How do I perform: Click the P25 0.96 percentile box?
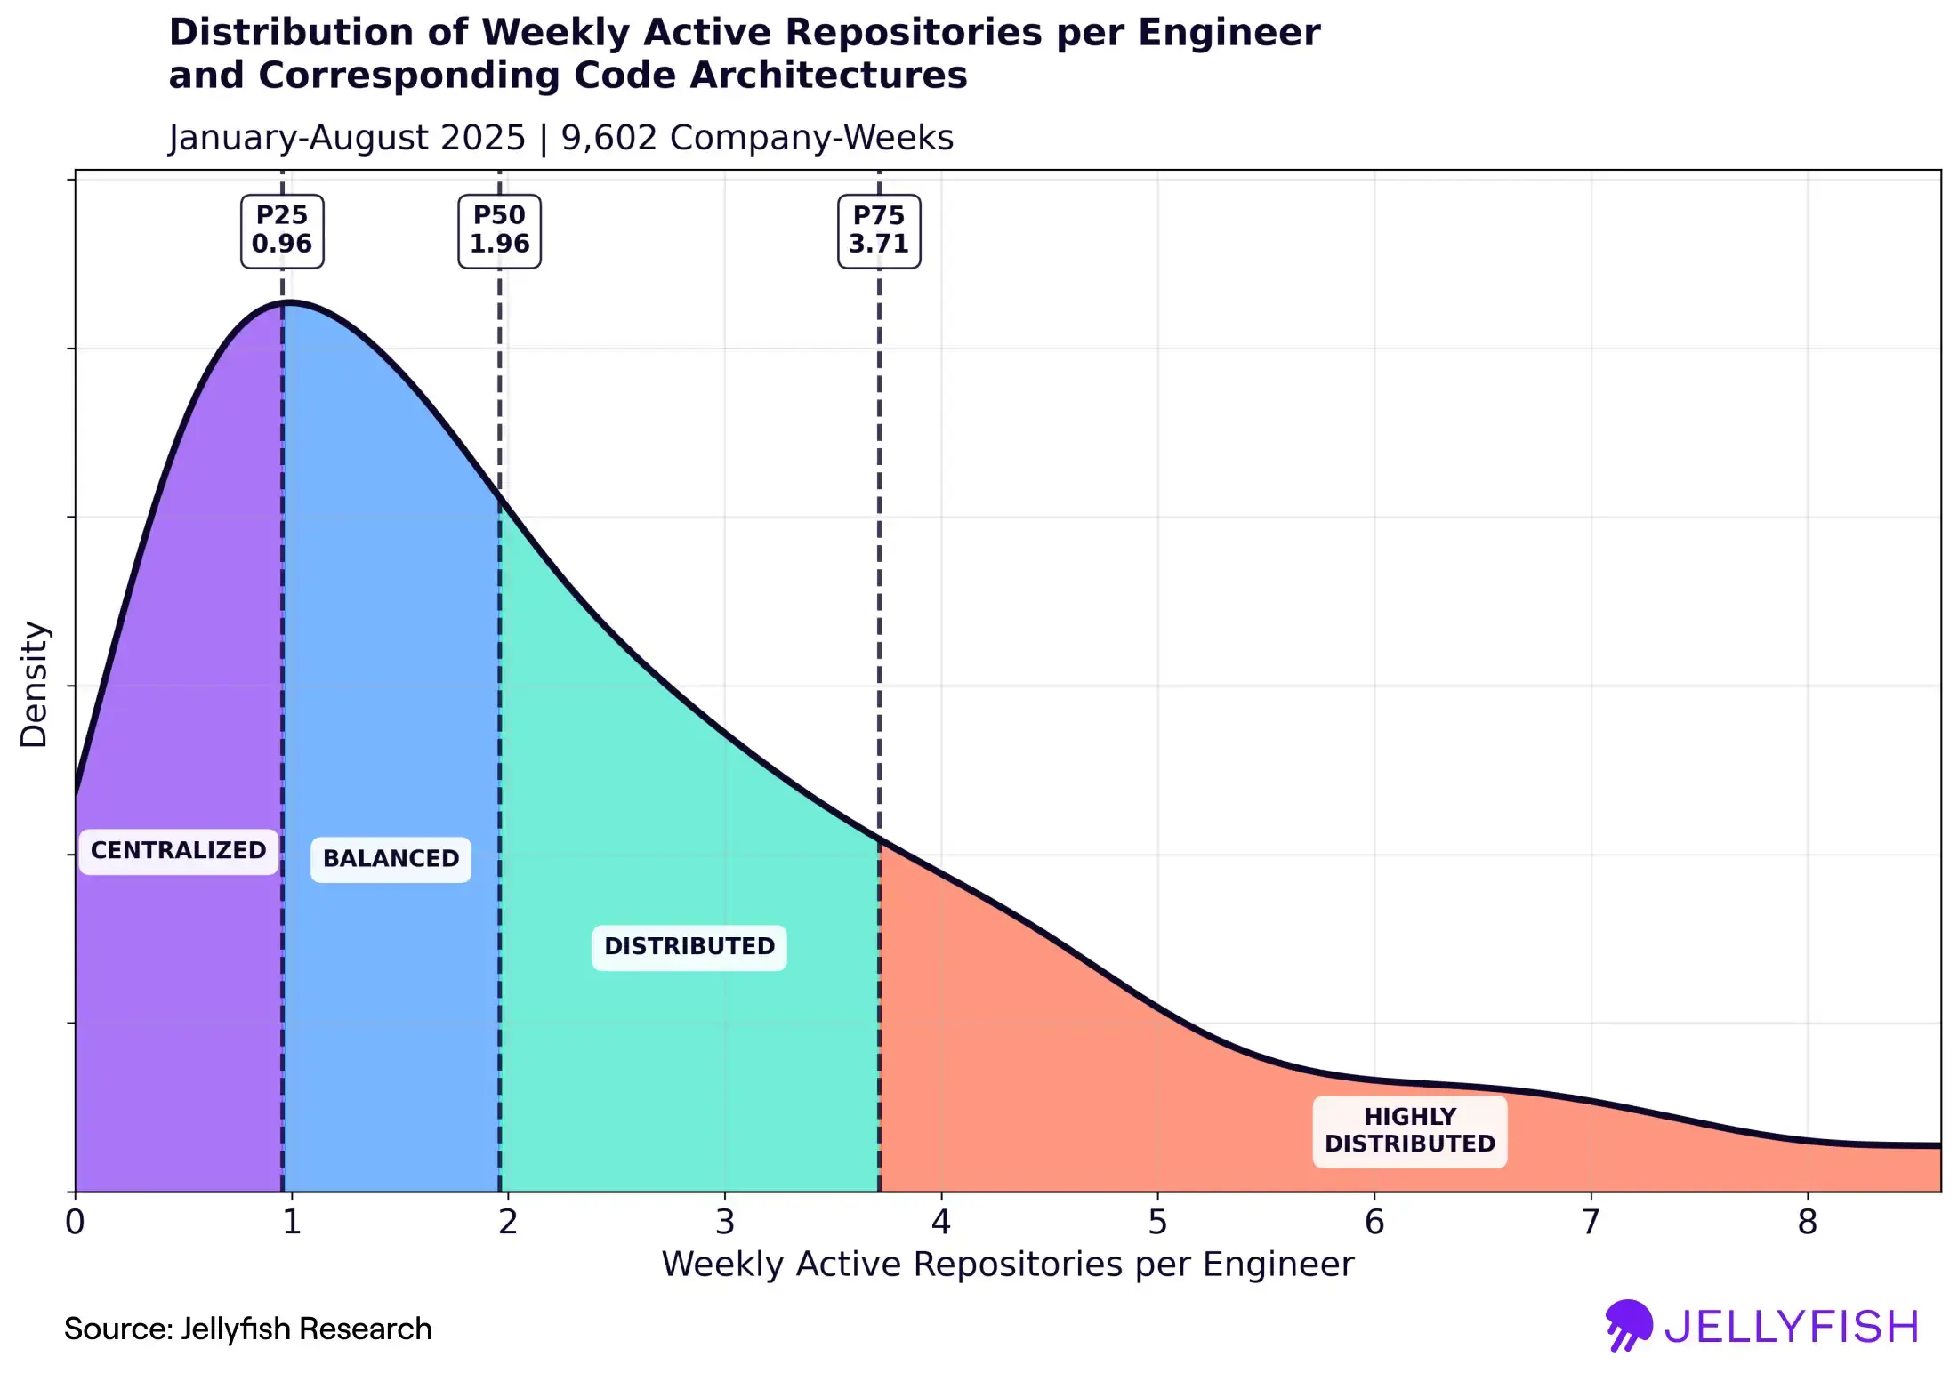click(x=282, y=230)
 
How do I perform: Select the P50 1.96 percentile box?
click(x=499, y=230)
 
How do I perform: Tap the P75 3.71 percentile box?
click(x=879, y=230)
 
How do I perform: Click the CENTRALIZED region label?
click(x=179, y=851)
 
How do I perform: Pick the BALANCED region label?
click(x=391, y=859)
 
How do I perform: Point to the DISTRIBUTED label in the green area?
click(x=689, y=946)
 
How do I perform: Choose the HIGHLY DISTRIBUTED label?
click(x=1410, y=1130)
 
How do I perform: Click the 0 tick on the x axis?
click(x=76, y=1223)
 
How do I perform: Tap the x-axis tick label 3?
click(x=725, y=1223)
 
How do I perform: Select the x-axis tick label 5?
click(x=1157, y=1223)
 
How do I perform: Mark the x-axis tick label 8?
click(x=1807, y=1223)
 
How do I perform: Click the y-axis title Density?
click(x=34, y=684)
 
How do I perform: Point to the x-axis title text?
click(x=1007, y=1265)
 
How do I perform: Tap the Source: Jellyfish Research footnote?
click(x=247, y=1329)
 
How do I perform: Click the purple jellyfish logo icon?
click(x=1628, y=1325)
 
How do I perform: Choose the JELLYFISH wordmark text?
click(x=1792, y=1327)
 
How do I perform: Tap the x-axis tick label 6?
click(x=1374, y=1223)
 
